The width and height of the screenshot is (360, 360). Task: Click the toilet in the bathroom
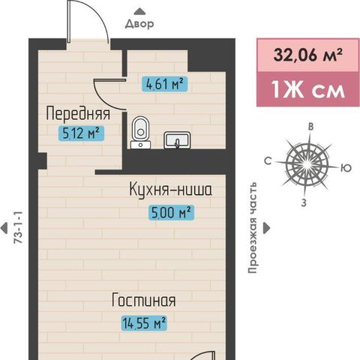pyautogui.click(x=140, y=133)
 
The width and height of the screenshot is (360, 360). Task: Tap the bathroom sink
pyautogui.click(x=177, y=140)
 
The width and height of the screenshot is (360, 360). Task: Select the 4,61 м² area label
pyautogui.click(x=164, y=84)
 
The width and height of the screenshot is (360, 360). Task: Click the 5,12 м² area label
pyautogui.click(x=81, y=133)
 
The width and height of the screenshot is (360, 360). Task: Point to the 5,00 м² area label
pyautogui.click(x=171, y=213)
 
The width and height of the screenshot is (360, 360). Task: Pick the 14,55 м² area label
pyautogui.click(x=144, y=323)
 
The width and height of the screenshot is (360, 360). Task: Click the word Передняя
pyautogui.click(x=78, y=114)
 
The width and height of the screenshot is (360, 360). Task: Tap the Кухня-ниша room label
pyautogui.click(x=171, y=190)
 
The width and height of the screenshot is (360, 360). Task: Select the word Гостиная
pyautogui.click(x=143, y=300)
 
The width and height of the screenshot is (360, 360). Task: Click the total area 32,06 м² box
pyautogui.click(x=308, y=55)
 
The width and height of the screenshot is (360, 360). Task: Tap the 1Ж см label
pyautogui.click(x=308, y=89)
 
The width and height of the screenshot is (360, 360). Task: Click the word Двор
pyautogui.click(x=139, y=24)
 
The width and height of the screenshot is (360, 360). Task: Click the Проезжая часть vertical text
pyautogui.click(x=252, y=228)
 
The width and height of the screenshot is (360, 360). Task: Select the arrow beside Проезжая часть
pyautogui.click(x=267, y=228)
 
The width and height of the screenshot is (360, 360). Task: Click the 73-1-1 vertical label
pyautogui.click(x=19, y=227)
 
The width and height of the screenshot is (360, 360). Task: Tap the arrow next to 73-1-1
pyautogui.click(x=4, y=228)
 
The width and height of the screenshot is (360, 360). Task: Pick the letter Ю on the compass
pyautogui.click(x=346, y=168)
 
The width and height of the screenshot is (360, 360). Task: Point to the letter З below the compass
pyautogui.click(x=304, y=202)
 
